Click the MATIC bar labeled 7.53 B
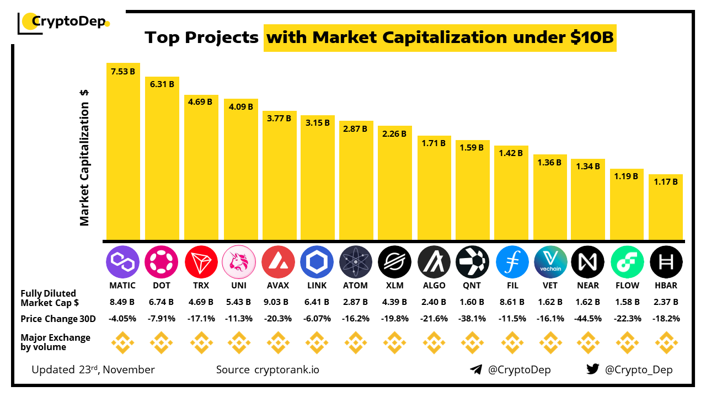tap(123, 152)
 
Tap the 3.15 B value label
tap(317, 123)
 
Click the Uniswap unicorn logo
tap(239, 261)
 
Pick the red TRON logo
tap(201, 261)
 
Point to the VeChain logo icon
tap(550, 261)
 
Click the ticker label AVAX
tap(278, 286)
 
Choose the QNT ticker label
tap(472, 286)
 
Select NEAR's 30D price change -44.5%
tap(588, 319)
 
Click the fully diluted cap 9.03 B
tap(278, 302)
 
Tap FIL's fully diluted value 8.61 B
tap(511, 302)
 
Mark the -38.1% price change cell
tap(472, 319)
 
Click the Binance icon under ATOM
tap(356, 342)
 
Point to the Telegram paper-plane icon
tap(476, 369)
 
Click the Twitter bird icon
tap(592, 369)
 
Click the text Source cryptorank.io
tap(268, 369)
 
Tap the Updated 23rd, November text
tap(93, 369)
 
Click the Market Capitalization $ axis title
tap(84, 158)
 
